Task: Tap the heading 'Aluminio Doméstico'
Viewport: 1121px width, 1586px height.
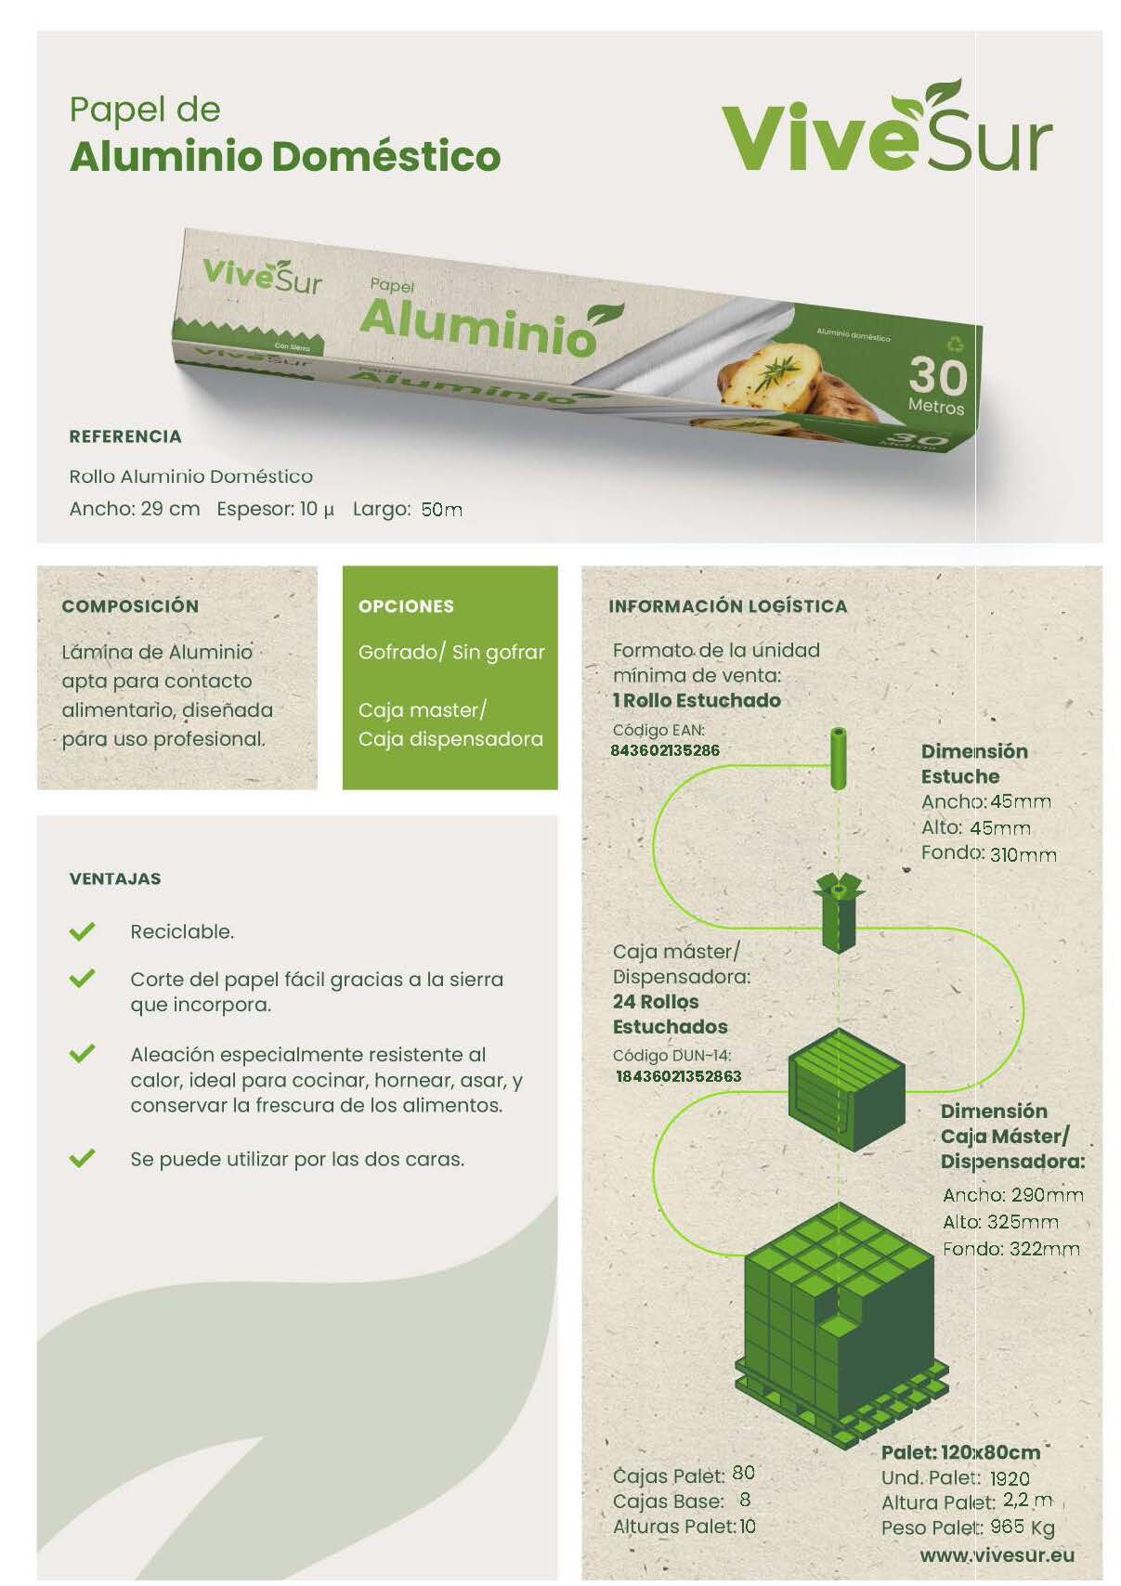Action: (285, 157)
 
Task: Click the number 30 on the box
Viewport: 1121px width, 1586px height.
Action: (938, 375)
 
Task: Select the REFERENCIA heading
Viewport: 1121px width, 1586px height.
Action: (125, 436)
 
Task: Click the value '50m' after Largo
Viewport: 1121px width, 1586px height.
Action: (441, 509)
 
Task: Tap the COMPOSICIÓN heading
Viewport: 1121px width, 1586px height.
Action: (130, 606)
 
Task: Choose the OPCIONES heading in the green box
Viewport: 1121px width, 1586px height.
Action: (406, 606)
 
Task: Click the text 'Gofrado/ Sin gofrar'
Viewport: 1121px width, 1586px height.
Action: (451, 652)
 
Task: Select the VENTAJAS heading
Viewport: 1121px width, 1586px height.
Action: (115, 878)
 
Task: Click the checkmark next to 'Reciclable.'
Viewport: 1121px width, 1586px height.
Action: (82, 931)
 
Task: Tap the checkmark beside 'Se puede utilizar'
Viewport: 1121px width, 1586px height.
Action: (82, 1158)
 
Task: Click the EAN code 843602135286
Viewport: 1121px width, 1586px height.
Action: (665, 750)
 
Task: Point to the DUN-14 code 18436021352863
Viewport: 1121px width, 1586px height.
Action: (678, 1076)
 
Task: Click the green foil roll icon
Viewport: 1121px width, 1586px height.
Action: (839, 758)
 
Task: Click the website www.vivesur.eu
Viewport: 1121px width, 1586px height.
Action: (997, 1555)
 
